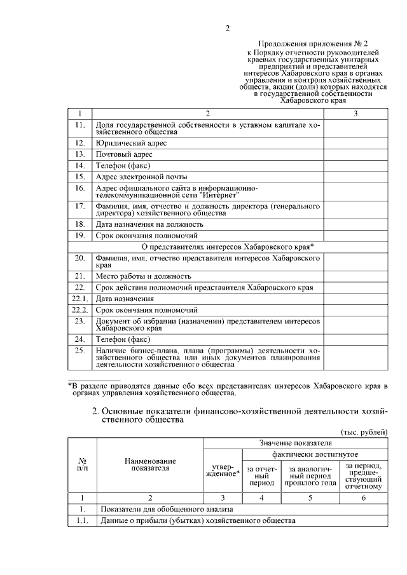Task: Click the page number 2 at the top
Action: pos(227,27)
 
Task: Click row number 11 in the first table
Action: pos(80,125)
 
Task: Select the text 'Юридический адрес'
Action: pos(131,144)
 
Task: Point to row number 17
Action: pos(80,206)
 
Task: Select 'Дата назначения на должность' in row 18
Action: pos(149,224)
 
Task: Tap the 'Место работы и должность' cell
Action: pos(143,276)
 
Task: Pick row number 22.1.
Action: pos(80,299)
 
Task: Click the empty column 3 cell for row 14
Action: pos(355,166)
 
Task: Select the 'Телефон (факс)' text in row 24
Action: pos(123,339)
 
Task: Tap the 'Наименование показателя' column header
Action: pos(150,464)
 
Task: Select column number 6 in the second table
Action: pos(363,498)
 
